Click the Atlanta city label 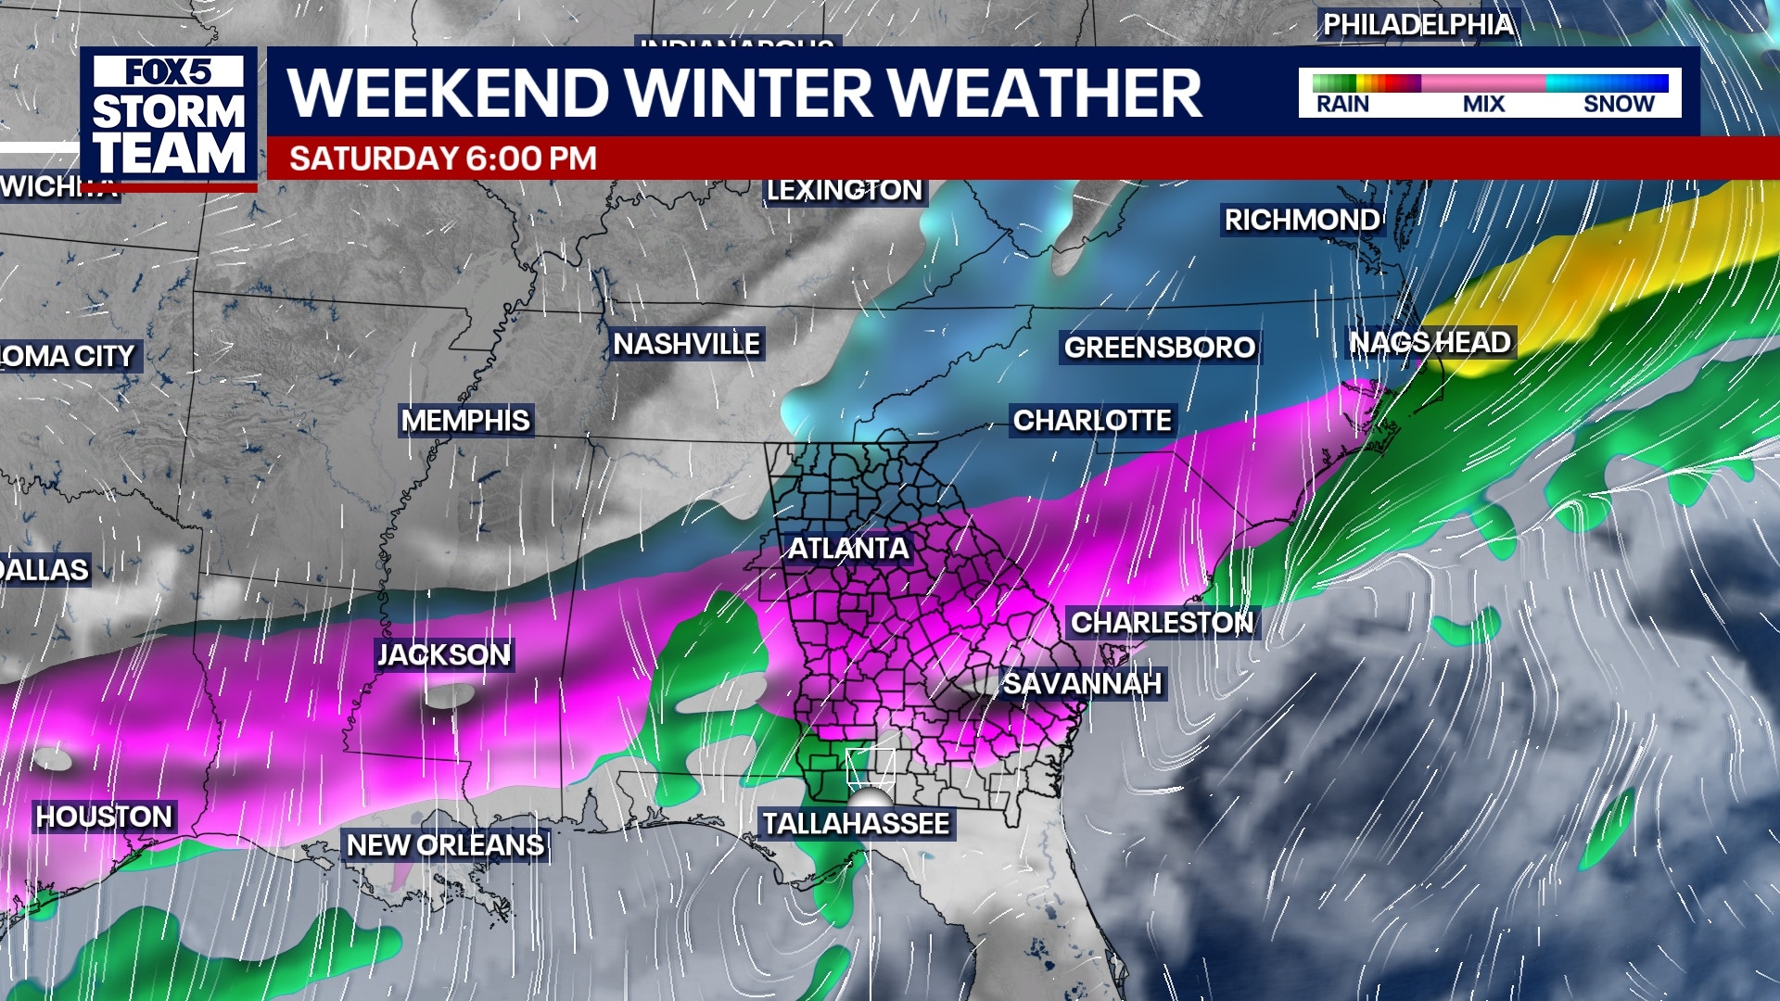pyautogui.click(x=847, y=549)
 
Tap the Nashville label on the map pyautogui.click(x=686, y=345)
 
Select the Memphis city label pyautogui.click(x=465, y=421)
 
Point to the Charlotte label pyautogui.click(x=1092, y=421)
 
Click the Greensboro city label pyautogui.click(x=1159, y=348)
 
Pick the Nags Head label pyautogui.click(x=1430, y=343)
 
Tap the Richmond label pyautogui.click(x=1302, y=221)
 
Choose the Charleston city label pyautogui.click(x=1162, y=623)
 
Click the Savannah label pyautogui.click(x=1082, y=684)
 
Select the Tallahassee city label pyautogui.click(x=855, y=824)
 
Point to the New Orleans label pyautogui.click(x=445, y=845)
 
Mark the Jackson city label pyautogui.click(x=443, y=655)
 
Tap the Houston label pyautogui.click(x=104, y=817)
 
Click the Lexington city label pyautogui.click(x=844, y=190)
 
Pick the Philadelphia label pyautogui.click(x=1418, y=25)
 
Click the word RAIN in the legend pyautogui.click(x=1342, y=104)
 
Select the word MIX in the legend pyautogui.click(x=1483, y=104)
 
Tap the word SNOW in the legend pyautogui.click(x=1619, y=104)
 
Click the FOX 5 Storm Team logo pyautogui.click(x=169, y=118)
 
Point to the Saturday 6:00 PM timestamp pyautogui.click(x=442, y=158)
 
